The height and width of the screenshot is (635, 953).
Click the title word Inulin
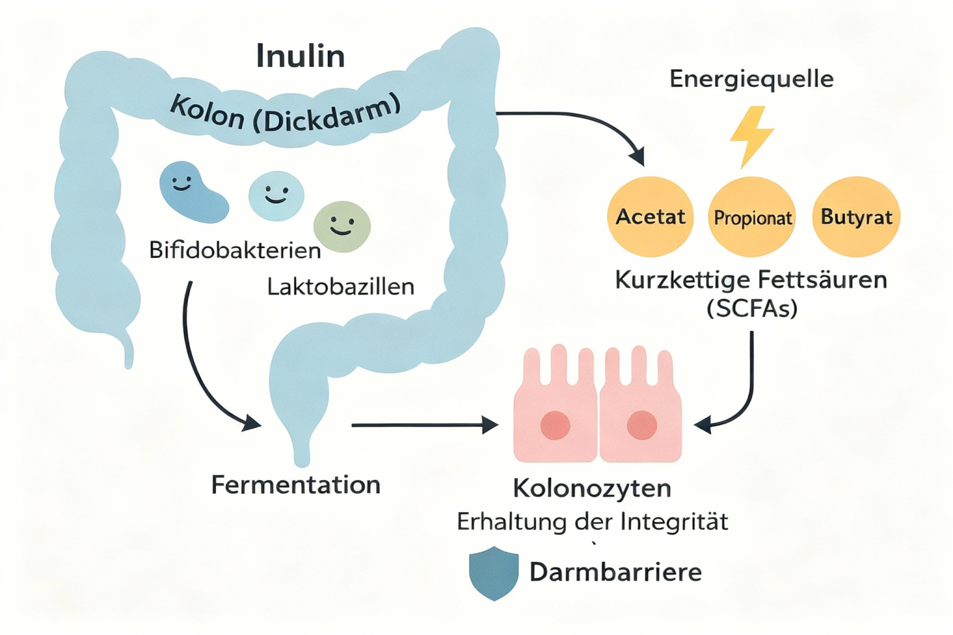click(300, 56)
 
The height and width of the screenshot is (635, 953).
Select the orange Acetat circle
click(650, 217)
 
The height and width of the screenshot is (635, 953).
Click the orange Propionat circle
click(752, 217)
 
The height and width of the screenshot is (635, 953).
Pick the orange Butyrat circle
click(856, 217)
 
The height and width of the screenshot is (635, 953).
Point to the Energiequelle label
click(751, 79)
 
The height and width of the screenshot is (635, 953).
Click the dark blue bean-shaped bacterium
click(191, 192)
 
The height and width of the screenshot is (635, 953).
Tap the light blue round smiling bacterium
click(276, 196)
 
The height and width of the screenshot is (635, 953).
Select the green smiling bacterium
click(342, 226)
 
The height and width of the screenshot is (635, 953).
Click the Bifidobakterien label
click(235, 251)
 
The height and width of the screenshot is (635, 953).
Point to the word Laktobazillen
click(341, 286)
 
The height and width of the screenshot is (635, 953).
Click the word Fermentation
click(295, 484)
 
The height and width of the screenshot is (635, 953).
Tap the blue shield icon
click(493, 572)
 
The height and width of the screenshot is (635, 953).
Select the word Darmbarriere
click(615, 572)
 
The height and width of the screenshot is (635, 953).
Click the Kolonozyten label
click(592, 488)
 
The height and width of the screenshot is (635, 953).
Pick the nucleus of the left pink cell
click(555, 425)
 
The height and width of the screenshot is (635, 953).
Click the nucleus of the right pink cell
click(642, 425)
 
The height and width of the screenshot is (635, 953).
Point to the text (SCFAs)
click(751, 308)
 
